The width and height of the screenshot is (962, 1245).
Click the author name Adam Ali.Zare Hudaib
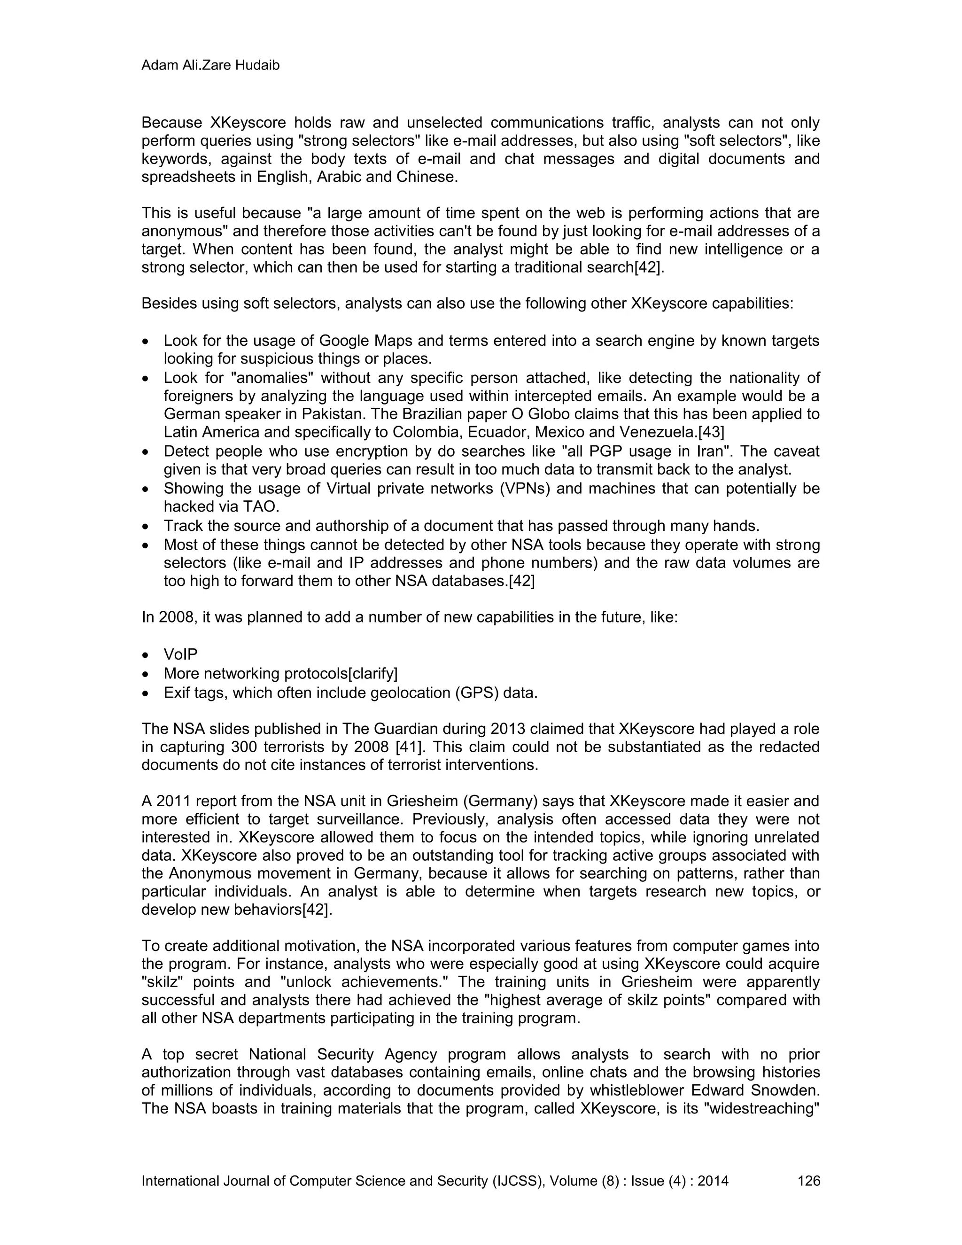coord(210,66)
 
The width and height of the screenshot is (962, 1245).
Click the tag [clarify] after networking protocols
coord(372,673)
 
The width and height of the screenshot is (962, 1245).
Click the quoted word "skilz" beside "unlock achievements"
coord(161,981)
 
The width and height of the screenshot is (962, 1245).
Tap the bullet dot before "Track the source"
coord(147,526)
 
